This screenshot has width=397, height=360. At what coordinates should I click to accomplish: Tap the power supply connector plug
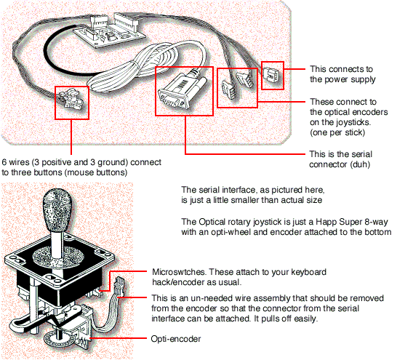tap(271, 75)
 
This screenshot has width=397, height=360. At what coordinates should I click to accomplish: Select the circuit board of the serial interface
tap(109, 31)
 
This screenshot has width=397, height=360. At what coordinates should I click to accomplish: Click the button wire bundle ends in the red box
tap(71, 100)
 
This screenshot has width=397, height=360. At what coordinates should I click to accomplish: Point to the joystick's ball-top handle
tap(57, 207)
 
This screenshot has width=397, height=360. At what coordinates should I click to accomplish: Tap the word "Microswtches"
tap(179, 272)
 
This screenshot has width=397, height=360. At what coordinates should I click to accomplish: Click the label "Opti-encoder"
tap(176, 339)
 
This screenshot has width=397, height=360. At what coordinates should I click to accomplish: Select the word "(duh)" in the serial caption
tap(360, 164)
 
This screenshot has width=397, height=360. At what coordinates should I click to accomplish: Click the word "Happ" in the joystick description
tap(326, 222)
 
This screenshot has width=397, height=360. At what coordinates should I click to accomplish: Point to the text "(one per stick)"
tap(337, 132)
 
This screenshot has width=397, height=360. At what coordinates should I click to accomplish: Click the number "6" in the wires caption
tap(4, 162)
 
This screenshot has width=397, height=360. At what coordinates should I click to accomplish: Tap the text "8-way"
tap(376, 222)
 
